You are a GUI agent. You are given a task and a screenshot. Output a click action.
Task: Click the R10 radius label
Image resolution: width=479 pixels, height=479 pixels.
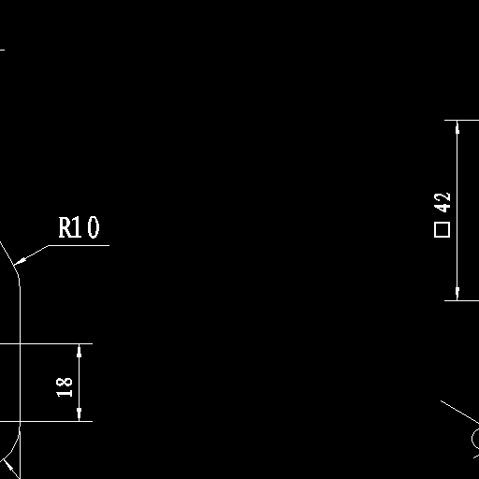click(x=80, y=227)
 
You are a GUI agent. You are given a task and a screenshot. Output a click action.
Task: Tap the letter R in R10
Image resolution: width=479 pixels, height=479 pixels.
click(x=65, y=227)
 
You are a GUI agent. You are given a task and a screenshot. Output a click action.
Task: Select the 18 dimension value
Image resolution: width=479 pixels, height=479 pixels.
click(x=65, y=387)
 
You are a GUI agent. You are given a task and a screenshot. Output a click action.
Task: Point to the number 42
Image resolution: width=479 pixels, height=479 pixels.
click(x=443, y=202)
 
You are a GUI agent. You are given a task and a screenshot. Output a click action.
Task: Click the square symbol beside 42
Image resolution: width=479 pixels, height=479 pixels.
click(x=443, y=230)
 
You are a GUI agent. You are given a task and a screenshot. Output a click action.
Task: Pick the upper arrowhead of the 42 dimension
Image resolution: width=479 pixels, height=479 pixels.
click(x=457, y=127)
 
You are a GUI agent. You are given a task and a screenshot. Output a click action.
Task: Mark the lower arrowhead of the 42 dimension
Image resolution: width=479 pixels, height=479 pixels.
click(x=457, y=294)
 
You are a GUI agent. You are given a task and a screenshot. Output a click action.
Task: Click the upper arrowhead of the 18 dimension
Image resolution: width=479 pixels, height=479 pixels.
click(x=79, y=351)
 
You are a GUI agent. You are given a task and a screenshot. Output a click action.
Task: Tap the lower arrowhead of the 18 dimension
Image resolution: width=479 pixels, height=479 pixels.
click(x=79, y=414)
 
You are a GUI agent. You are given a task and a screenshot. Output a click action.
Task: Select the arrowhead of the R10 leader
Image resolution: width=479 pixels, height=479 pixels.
click(x=20, y=261)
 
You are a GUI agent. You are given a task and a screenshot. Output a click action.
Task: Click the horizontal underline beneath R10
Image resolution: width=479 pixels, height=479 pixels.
click(x=79, y=245)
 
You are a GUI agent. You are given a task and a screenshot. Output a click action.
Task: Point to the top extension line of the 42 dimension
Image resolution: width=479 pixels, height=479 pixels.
click(x=461, y=120)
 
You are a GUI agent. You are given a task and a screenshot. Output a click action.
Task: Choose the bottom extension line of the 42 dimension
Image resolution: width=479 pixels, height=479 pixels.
click(x=461, y=301)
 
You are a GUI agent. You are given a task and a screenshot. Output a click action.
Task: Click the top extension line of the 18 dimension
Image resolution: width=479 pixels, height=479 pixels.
click(x=46, y=343)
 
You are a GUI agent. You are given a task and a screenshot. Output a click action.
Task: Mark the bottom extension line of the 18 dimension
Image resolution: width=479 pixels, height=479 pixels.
click(x=46, y=421)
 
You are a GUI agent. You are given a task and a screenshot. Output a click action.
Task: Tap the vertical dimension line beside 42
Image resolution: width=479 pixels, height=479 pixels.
click(x=457, y=210)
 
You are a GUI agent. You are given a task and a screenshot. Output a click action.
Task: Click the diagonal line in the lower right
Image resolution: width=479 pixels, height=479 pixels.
click(x=459, y=412)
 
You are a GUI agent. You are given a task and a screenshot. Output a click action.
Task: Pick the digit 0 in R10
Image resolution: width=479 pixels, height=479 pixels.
click(x=94, y=227)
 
